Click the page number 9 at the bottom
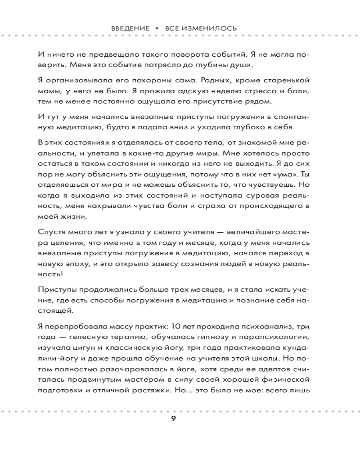pos(173,420)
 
